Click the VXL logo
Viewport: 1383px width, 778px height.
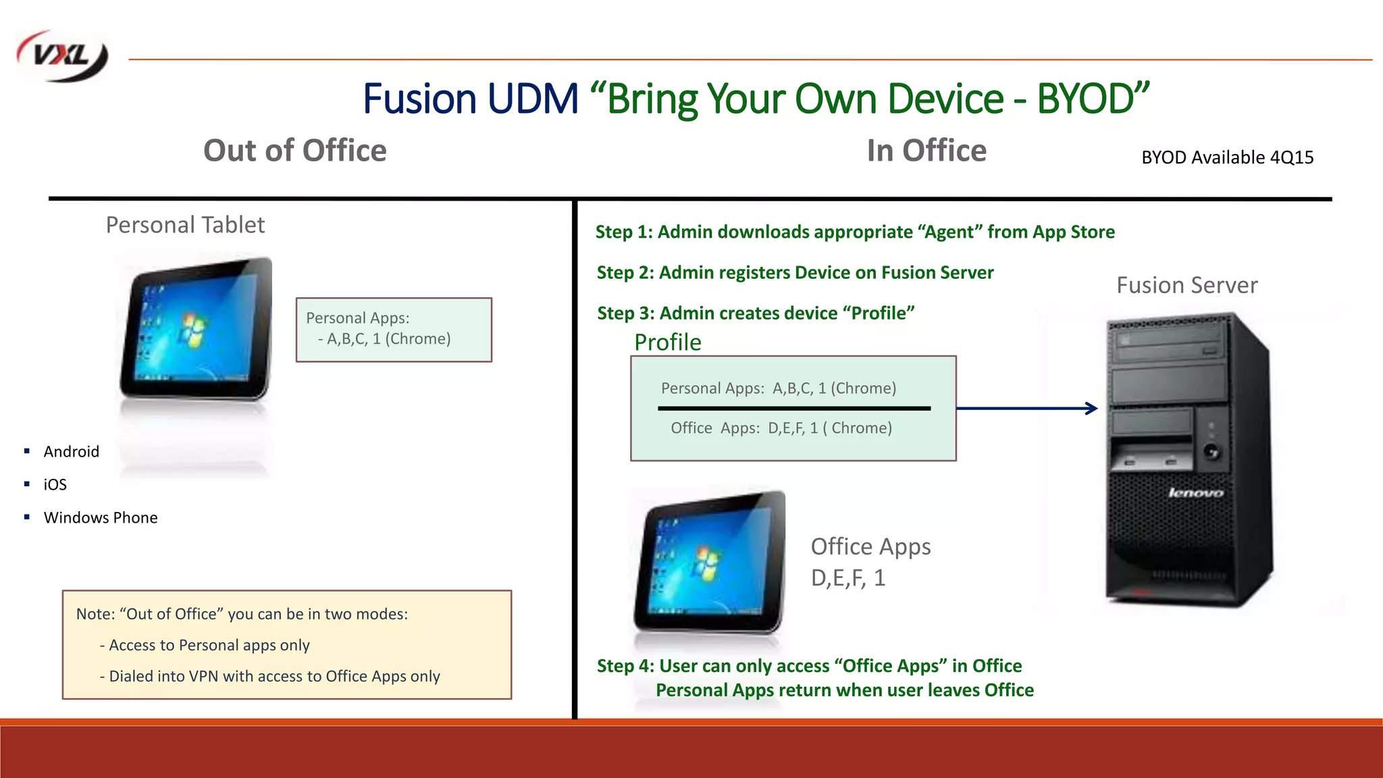62,56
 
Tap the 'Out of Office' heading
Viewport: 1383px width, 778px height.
294,151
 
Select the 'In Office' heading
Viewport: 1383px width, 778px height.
926,151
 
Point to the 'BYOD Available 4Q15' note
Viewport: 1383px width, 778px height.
1227,157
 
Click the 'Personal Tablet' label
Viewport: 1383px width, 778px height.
185,225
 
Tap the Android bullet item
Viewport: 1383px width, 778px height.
71,451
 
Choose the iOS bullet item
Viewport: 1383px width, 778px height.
55,484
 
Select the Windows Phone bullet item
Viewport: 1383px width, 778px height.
101,517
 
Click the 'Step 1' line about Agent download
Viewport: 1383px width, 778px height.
854,232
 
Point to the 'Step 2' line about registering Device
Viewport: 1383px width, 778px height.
795,273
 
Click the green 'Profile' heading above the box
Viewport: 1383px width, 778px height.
667,342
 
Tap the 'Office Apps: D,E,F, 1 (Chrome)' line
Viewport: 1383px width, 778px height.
781,428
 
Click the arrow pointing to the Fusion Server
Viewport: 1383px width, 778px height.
1026,408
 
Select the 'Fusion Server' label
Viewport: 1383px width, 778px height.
1186,285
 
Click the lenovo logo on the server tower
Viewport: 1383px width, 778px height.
1195,492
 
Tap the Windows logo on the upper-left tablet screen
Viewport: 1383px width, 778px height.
192,330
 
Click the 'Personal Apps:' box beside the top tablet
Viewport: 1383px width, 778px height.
394,330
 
